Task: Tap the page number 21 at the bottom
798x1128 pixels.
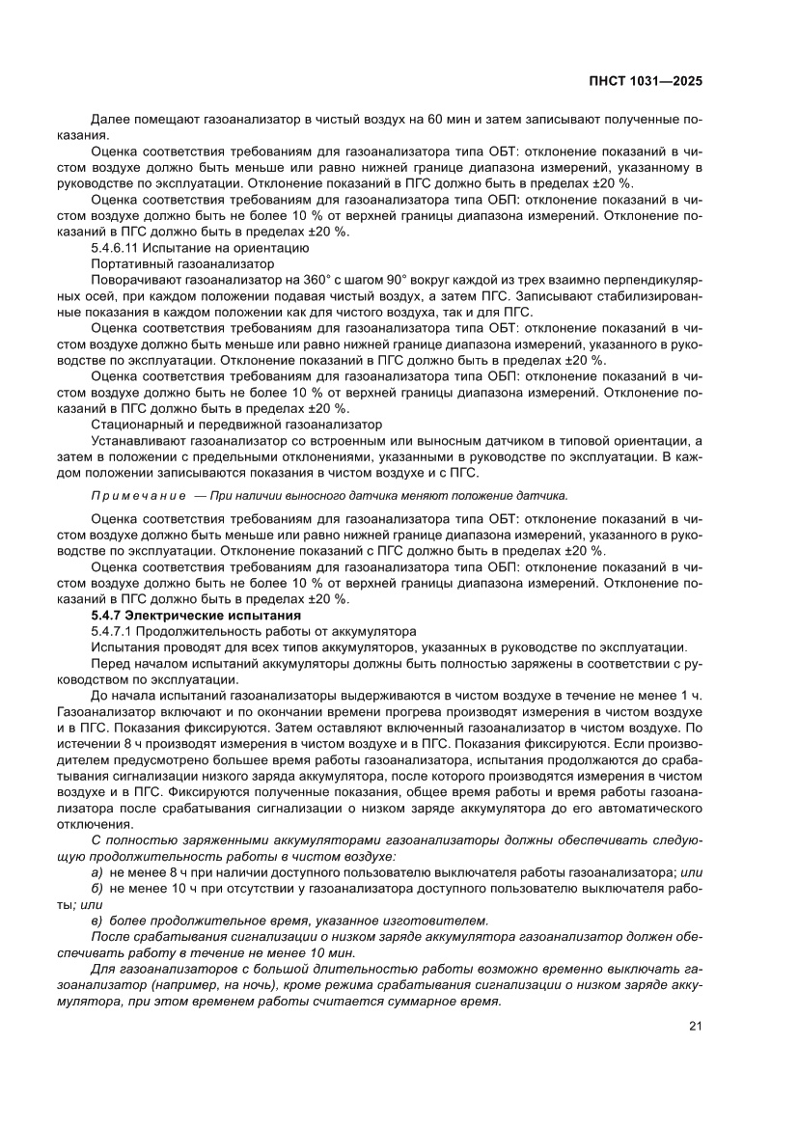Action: tap(695, 1026)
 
